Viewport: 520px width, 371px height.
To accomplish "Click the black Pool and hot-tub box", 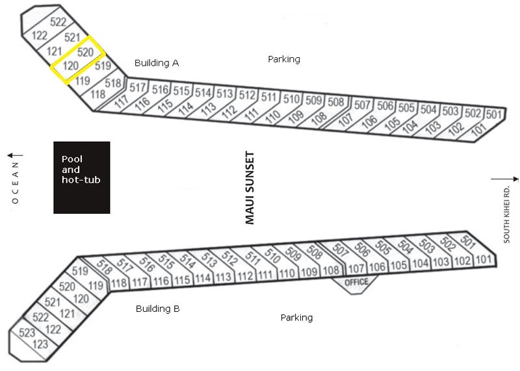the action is pyautogui.click(x=82, y=177).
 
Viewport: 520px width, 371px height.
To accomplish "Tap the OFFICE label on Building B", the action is pyautogui.click(x=356, y=282).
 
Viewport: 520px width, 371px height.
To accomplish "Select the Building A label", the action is pyautogui.click(x=157, y=62).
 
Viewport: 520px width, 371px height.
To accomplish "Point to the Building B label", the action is pyautogui.click(x=157, y=309).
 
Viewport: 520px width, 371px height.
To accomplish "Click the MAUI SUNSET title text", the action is pyautogui.click(x=250, y=188).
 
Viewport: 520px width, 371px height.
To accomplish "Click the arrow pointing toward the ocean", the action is pyautogui.click(x=15, y=155).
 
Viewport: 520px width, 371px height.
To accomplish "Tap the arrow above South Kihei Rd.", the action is pyautogui.click(x=504, y=179).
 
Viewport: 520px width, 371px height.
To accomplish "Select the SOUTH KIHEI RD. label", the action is pyautogui.click(x=506, y=215).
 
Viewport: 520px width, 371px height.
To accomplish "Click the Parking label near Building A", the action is pyautogui.click(x=284, y=59).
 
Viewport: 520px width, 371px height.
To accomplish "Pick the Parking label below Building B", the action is pyautogui.click(x=296, y=318).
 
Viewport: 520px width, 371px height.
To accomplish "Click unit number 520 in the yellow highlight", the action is pyautogui.click(x=85, y=52).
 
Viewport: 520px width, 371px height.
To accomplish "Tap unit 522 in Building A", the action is pyautogui.click(x=58, y=22).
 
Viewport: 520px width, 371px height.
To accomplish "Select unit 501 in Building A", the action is pyautogui.click(x=494, y=114).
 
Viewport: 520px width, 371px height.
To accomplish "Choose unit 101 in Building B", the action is pyautogui.click(x=483, y=259).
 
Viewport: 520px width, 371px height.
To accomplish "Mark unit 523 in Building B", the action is pyautogui.click(x=27, y=332).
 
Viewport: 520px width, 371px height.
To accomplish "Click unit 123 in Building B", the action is pyautogui.click(x=40, y=344).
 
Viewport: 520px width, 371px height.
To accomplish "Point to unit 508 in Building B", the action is pyautogui.click(x=315, y=251).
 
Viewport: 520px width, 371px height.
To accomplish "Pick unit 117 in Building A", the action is pyautogui.click(x=122, y=101).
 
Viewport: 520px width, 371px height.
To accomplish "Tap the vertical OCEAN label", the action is pyautogui.click(x=15, y=183).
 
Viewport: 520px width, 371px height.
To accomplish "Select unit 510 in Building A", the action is pyautogui.click(x=291, y=99).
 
